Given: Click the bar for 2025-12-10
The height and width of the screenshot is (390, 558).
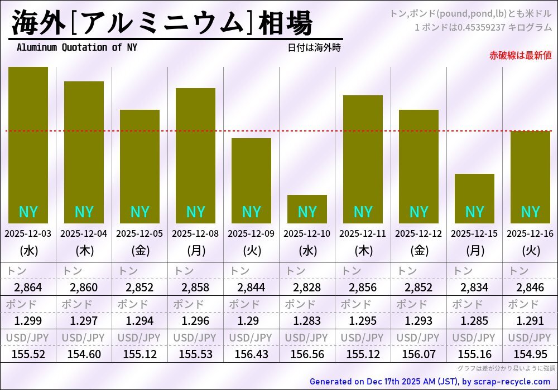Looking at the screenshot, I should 307,209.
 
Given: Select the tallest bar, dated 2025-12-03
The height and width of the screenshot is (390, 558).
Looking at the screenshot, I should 28,145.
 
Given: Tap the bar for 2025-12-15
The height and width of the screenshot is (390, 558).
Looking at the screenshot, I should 474,198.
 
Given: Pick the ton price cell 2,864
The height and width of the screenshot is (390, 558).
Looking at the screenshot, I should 28,287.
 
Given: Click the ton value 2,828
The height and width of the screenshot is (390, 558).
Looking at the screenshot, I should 307,287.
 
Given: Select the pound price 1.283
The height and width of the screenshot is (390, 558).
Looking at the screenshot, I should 307,321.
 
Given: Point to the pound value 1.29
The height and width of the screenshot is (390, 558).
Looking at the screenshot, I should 251,321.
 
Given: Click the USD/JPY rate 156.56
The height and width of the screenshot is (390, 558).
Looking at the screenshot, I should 307,354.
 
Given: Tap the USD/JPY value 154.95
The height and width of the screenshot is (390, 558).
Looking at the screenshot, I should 530,354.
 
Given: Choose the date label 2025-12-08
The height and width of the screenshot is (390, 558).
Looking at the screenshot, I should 195,234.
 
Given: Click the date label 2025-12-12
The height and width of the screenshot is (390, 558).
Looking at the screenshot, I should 419,234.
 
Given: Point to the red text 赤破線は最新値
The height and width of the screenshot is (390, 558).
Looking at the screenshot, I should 520,55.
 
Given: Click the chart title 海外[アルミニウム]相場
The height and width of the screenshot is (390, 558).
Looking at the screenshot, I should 162,23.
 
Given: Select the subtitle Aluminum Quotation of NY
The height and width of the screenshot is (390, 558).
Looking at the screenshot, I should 76,47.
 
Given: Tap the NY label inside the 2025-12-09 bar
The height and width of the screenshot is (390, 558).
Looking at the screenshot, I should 251,212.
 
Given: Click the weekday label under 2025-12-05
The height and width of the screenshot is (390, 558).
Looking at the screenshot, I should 139,251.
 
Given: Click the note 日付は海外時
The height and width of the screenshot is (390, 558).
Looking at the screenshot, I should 314,48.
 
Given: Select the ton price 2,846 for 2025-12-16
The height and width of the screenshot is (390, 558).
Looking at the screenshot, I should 530,287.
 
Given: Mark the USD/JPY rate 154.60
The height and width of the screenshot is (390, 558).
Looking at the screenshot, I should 84,354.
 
